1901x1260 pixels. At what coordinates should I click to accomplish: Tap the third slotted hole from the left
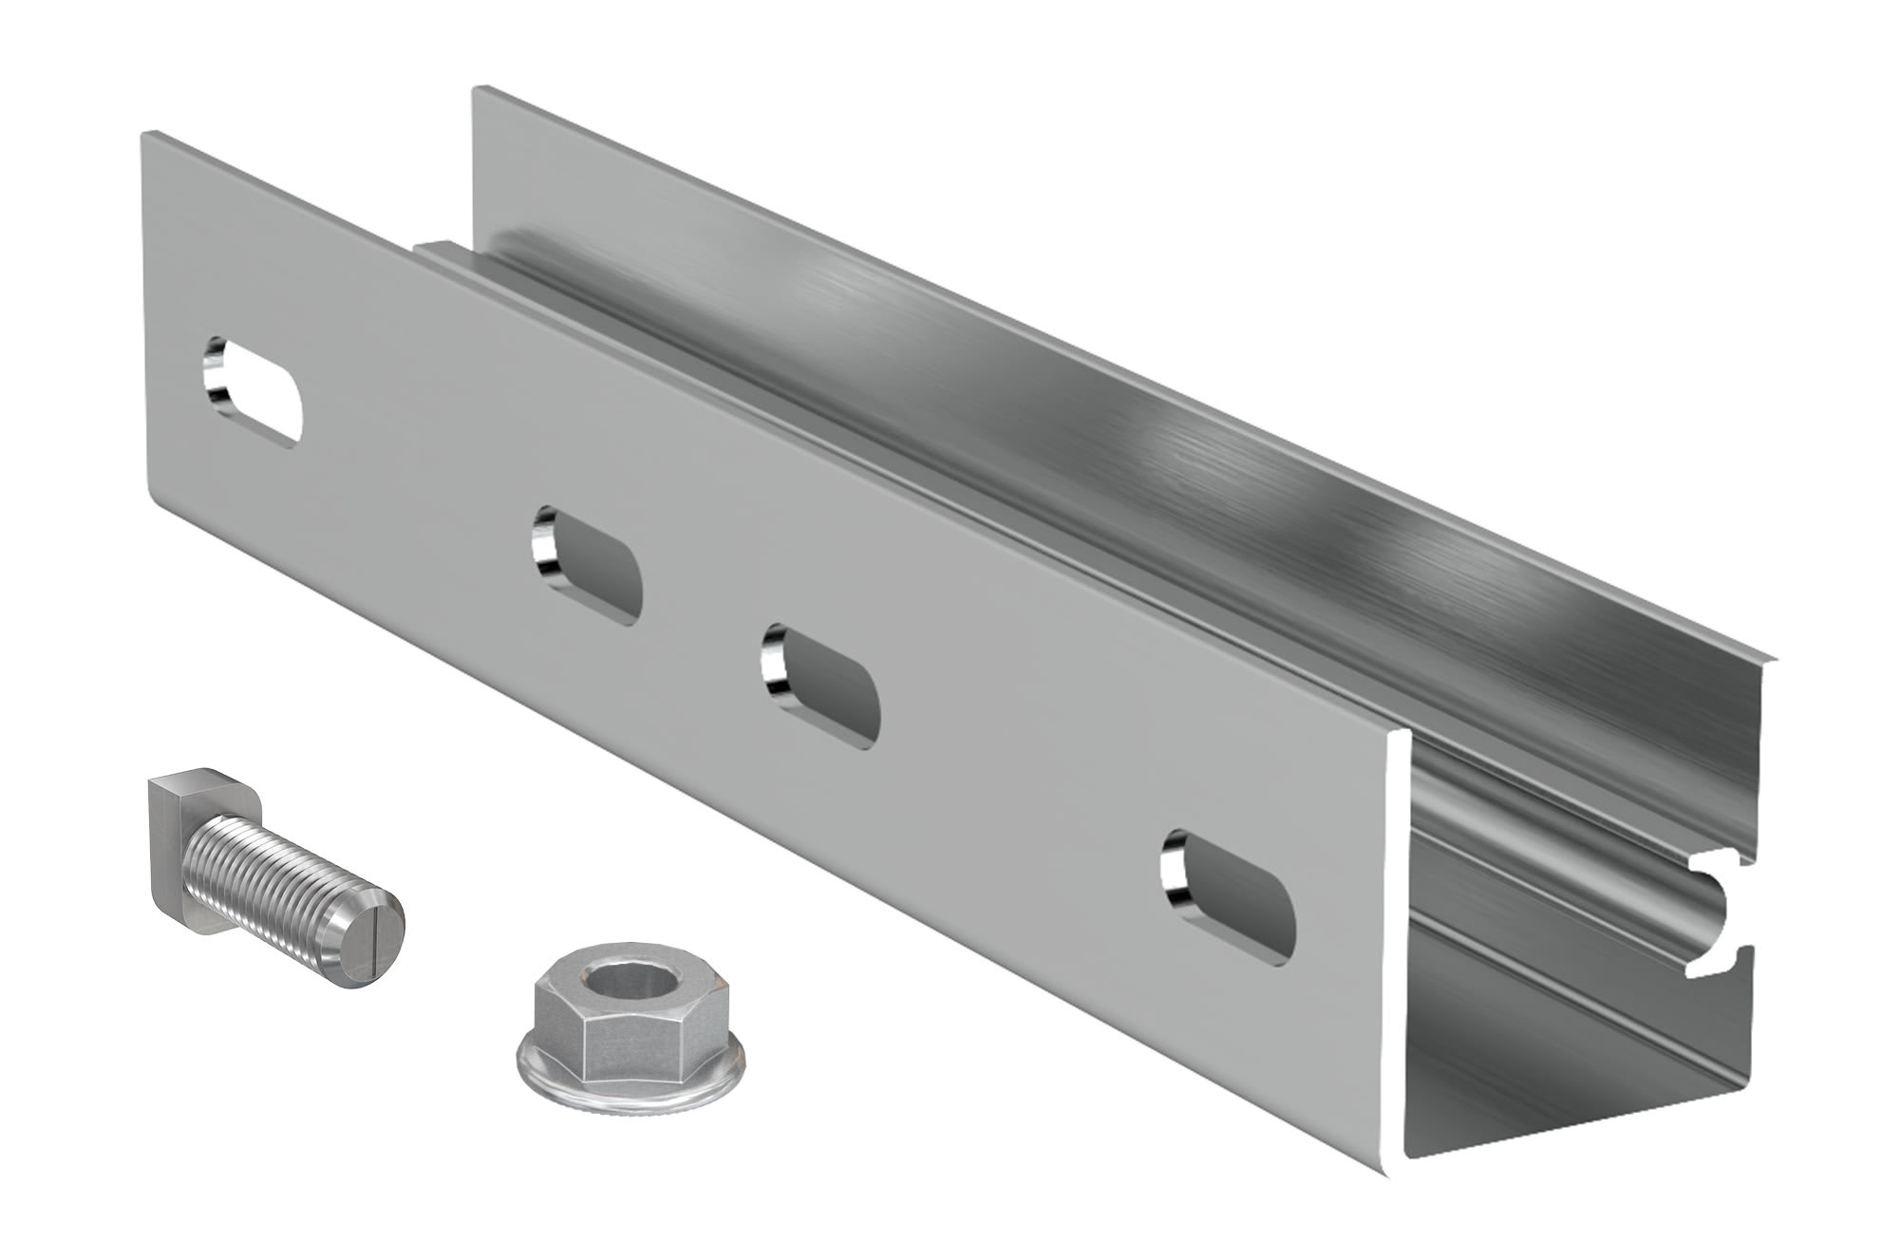[822, 686]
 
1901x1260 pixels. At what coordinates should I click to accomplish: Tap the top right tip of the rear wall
[1772, 655]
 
